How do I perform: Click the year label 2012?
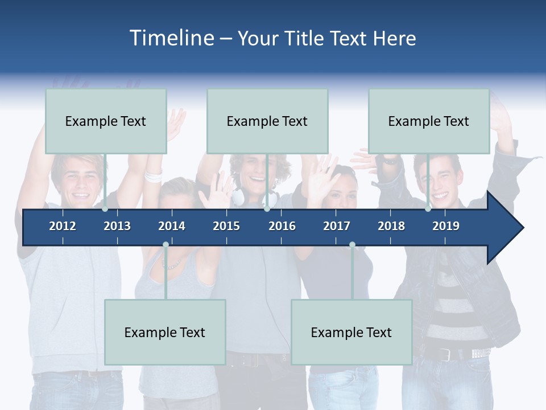[x=63, y=226]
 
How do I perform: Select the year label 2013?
[x=117, y=226]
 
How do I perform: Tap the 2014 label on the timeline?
[x=172, y=226]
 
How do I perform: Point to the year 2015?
[x=226, y=226]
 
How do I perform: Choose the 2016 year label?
[x=282, y=226]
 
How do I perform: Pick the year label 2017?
[x=337, y=226]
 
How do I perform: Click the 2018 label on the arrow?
[x=391, y=226]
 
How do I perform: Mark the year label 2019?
[x=446, y=226]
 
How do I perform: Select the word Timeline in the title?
[x=171, y=38]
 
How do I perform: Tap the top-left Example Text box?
[x=106, y=121]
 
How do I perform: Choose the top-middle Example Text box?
[x=267, y=121]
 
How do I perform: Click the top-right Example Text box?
[x=429, y=121]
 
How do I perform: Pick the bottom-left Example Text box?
[x=165, y=332]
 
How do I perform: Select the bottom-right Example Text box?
[x=351, y=332]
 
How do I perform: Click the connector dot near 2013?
[x=105, y=209]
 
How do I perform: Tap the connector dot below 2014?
[x=166, y=245]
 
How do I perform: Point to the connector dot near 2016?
[x=267, y=209]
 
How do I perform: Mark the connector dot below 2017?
[x=352, y=245]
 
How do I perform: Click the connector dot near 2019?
[x=428, y=209]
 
